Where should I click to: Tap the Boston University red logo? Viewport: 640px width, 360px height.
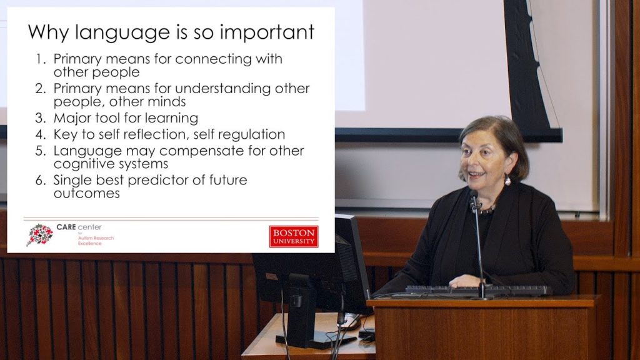(x=294, y=236)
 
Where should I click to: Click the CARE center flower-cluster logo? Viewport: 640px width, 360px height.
(x=39, y=234)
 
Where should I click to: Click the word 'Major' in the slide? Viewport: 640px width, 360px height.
(x=73, y=118)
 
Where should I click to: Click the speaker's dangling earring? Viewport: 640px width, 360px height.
(x=507, y=181)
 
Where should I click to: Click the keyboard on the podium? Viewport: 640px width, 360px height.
(x=477, y=291)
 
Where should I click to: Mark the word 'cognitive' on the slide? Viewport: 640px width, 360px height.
(x=83, y=164)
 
